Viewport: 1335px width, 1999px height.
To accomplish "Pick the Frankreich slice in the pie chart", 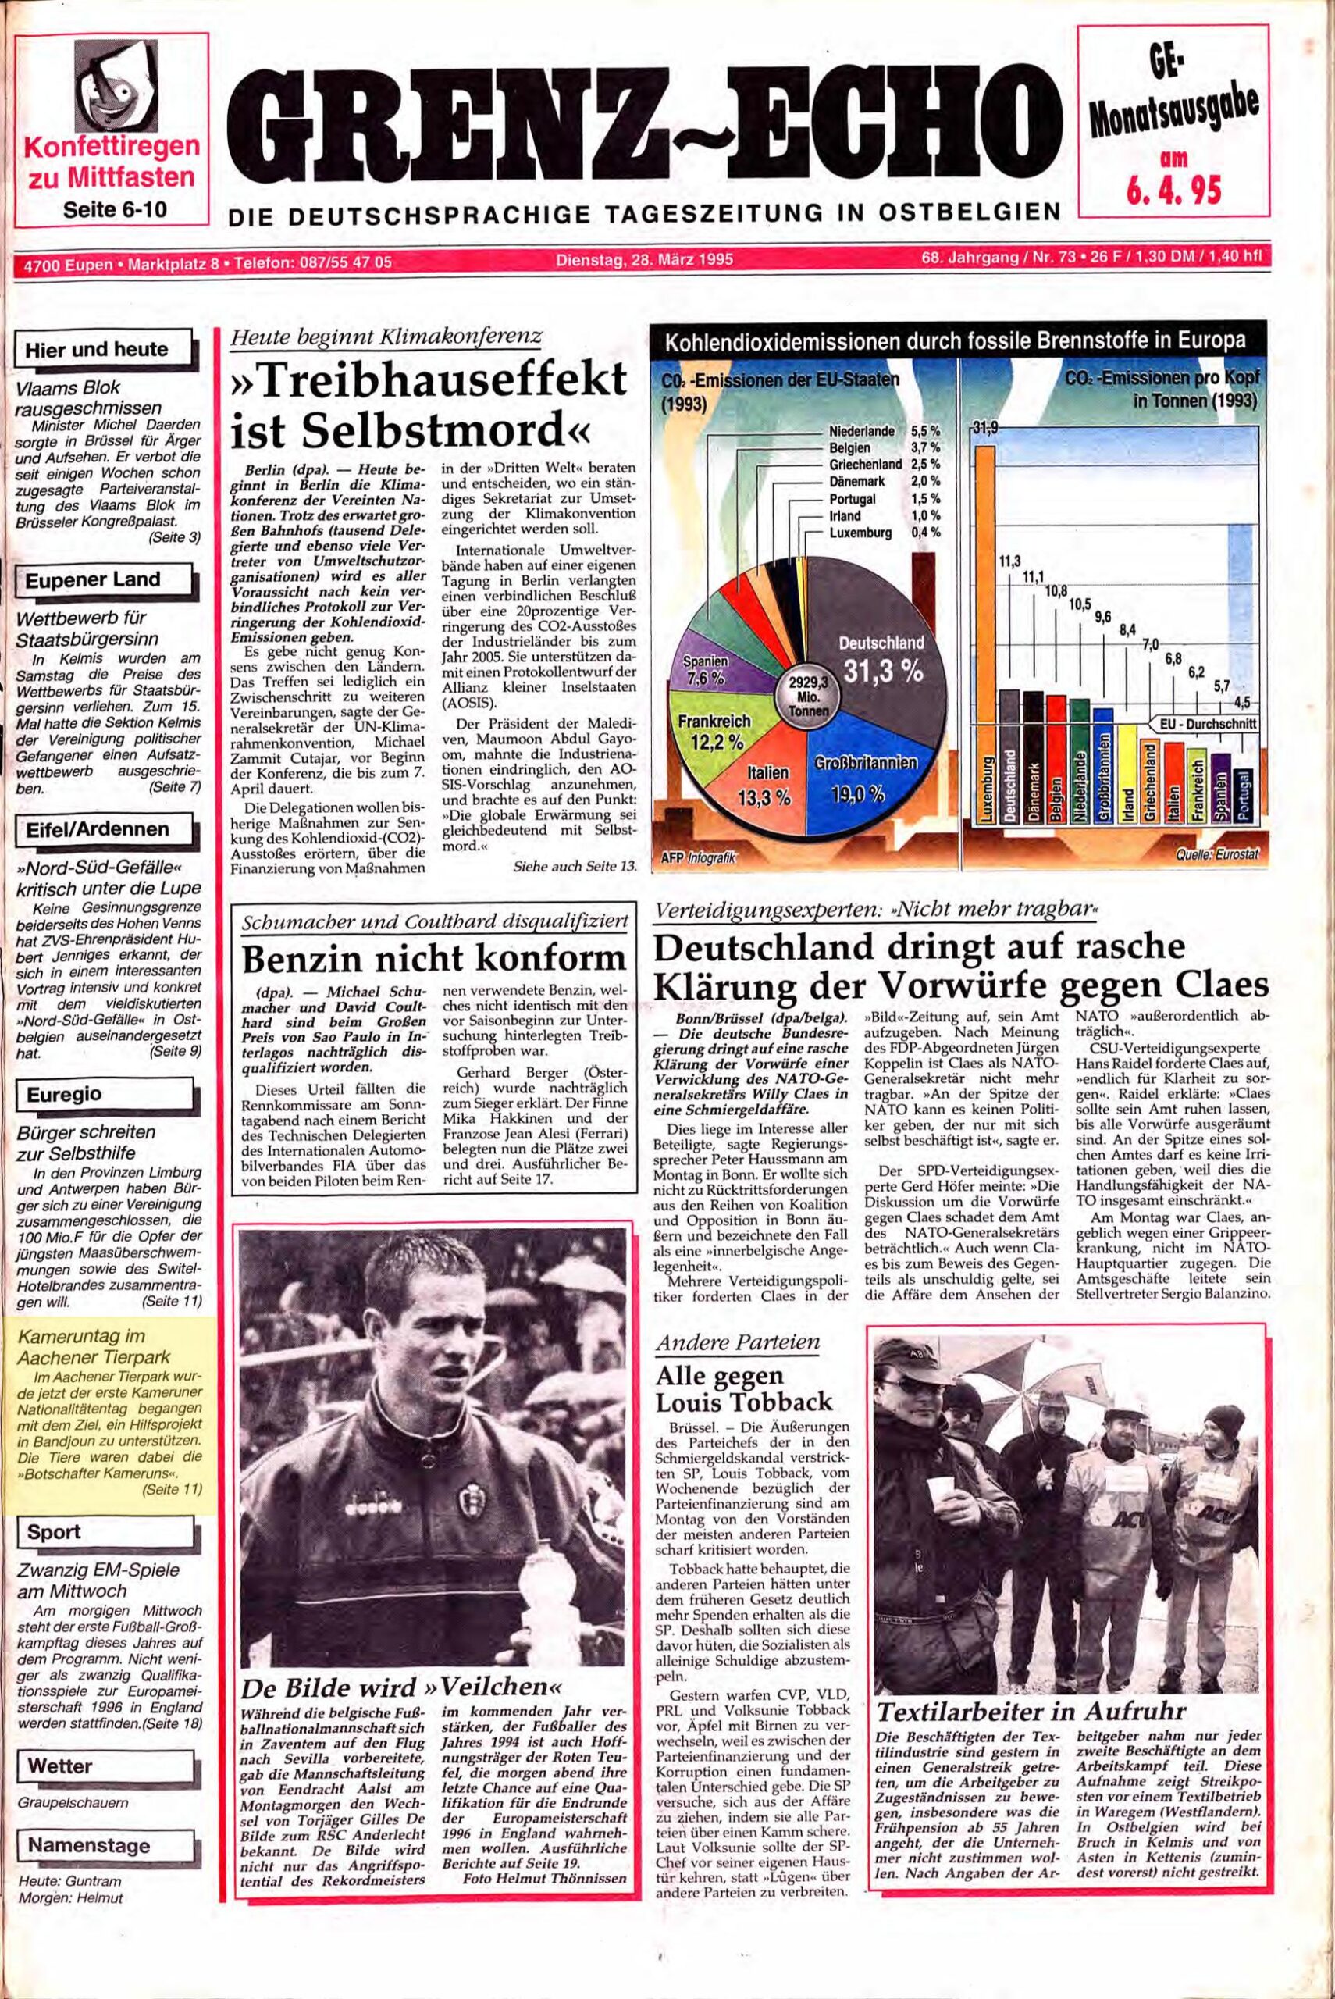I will pyautogui.click(x=715, y=732).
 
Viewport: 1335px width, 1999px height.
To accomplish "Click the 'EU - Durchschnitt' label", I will pyautogui.click(x=1205, y=725).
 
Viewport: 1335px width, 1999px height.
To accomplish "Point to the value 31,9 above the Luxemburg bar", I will pyautogui.click(x=984, y=428).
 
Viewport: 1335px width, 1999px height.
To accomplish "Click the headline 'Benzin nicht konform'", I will pyautogui.click(x=433, y=960).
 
